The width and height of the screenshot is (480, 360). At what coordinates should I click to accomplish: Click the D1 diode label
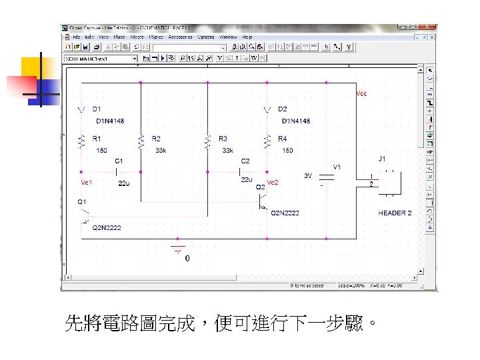(x=97, y=109)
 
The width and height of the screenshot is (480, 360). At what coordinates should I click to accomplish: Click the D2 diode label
(x=283, y=109)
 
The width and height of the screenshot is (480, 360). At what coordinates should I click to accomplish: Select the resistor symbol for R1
(x=81, y=141)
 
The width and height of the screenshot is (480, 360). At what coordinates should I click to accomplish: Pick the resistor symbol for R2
(x=141, y=141)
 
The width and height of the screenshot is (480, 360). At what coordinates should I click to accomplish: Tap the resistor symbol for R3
(x=207, y=141)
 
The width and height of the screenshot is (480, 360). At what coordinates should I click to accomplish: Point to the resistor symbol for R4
(x=267, y=141)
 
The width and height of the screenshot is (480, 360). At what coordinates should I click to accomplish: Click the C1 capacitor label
(x=119, y=161)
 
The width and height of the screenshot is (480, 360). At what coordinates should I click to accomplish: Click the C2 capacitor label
(x=245, y=161)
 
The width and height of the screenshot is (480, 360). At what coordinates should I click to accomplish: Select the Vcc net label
(x=361, y=94)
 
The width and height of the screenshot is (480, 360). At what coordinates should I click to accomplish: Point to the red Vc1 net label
(x=87, y=183)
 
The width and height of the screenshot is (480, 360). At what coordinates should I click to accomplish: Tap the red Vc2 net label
(x=272, y=182)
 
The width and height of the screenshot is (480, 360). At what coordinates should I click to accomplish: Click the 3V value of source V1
(x=309, y=177)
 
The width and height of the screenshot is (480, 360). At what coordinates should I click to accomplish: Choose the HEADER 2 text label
(x=395, y=213)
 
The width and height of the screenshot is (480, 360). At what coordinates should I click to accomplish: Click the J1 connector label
(x=382, y=159)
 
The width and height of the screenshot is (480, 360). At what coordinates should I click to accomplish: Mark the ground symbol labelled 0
(x=178, y=251)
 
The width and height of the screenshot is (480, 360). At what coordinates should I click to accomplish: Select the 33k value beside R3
(x=227, y=151)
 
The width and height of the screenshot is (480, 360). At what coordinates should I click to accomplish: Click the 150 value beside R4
(x=287, y=151)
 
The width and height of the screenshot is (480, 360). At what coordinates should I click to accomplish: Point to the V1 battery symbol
(x=327, y=178)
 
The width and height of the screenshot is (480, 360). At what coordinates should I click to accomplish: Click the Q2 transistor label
(x=261, y=187)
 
